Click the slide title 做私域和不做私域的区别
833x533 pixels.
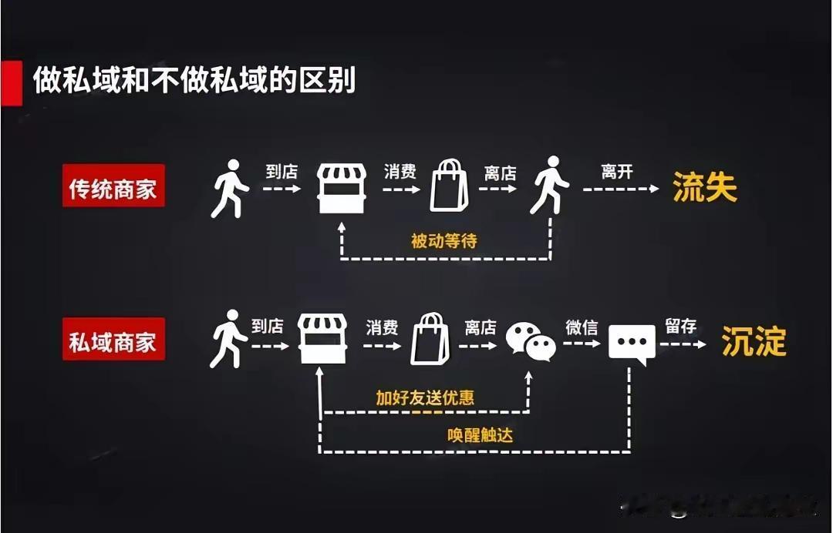[x=194, y=80]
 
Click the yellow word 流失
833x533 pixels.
[x=705, y=188]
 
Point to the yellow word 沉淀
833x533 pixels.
[x=754, y=341]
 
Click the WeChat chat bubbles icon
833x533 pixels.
[x=531, y=341]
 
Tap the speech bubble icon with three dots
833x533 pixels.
[x=632, y=344]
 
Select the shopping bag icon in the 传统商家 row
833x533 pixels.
[x=449, y=186]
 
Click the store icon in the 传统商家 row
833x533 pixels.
[x=342, y=187]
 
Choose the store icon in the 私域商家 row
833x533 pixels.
[x=322, y=339]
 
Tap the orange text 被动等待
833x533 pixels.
[x=444, y=240]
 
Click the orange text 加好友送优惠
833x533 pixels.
[x=425, y=397]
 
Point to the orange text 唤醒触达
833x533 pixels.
[x=480, y=435]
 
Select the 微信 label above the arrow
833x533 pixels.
[x=582, y=327]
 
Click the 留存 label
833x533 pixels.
[x=681, y=326]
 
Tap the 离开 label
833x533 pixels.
[x=617, y=172]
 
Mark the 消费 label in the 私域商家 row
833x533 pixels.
[x=382, y=327]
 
